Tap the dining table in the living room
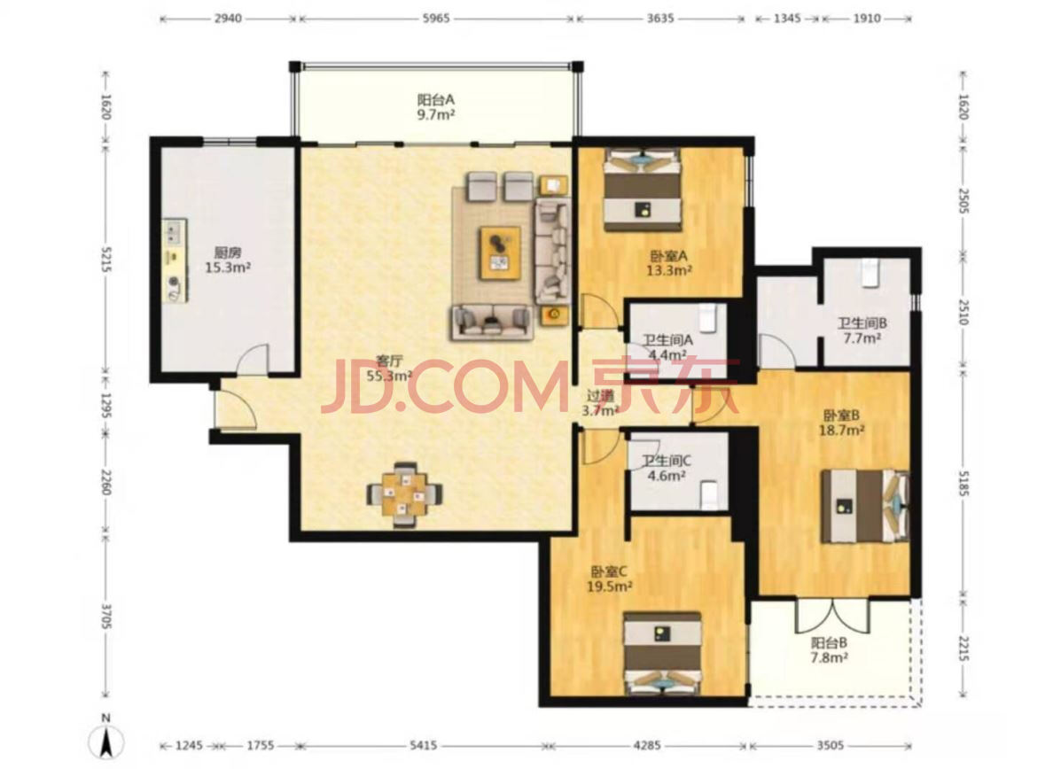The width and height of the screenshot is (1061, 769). pyautogui.click(x=405, y=494)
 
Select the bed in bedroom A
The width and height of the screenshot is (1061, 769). pyautogui.click(x=642, y=189)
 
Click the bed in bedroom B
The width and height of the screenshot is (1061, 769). pyautogui.click(x=865, y=506)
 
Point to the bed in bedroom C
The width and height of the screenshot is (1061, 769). pyautogui.click(x=662, y=653)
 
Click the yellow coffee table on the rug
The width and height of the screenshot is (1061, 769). pyautogui.click(x=500, y=252)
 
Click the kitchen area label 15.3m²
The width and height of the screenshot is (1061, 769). pyautogui.click(x=228, y=268)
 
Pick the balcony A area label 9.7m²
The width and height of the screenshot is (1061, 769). pyautogui.click(x=436, y=114)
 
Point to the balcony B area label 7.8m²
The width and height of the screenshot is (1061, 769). pyautogui.click(x=830, y=656)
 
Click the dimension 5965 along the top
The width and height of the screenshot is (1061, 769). pyautogui.click(x=436, y=19)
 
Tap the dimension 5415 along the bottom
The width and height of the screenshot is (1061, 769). pyautogui.click(x=424, y=745)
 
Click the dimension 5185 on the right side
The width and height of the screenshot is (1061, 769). pyautogui.click(x=963, y=483)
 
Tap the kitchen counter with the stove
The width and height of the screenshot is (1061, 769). pyautogui.click(x=176, y=260)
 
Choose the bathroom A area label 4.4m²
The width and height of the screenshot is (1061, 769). pyautogui.click(x=667, y=354)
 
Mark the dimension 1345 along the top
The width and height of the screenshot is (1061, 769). pyautogui.click(x=787, y=19)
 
